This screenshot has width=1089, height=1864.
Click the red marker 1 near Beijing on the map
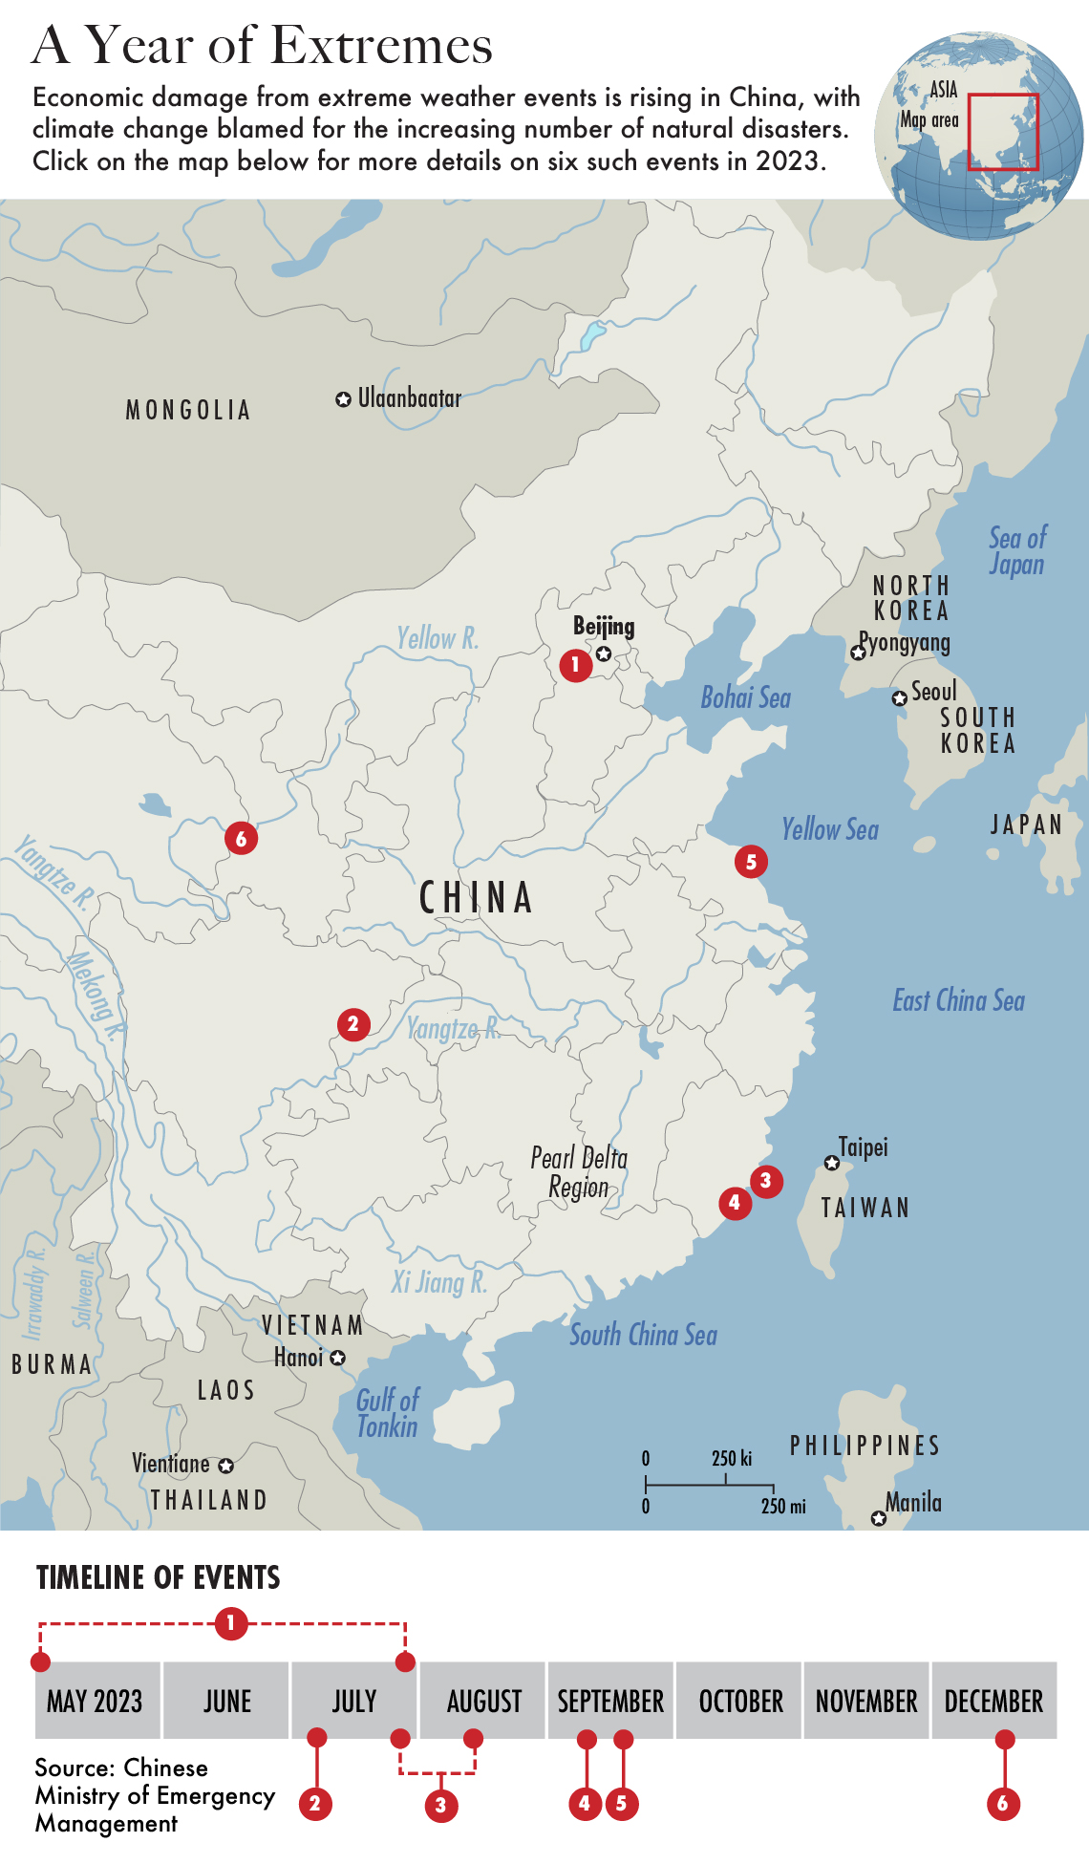point(575,664)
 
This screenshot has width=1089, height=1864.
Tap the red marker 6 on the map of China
point(241,839)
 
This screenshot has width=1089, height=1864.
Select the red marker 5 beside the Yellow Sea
point(751,862)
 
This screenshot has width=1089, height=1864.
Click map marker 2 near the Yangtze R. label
point(353,1025)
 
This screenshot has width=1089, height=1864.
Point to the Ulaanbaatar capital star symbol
point(343,399)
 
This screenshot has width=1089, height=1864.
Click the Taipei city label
point(863,1146)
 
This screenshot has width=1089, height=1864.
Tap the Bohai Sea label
point(745,697)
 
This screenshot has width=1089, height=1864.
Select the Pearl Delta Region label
point(579,1172)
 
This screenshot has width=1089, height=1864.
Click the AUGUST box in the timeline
point(483,1701)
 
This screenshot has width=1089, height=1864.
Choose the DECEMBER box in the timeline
point(993,1701)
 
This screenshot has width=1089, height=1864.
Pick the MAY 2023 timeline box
point(96,1701)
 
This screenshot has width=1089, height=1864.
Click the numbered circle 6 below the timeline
point(1003,1804)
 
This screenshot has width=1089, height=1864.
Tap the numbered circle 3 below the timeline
point(440,1805)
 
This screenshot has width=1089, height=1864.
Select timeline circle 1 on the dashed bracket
point(230,1622)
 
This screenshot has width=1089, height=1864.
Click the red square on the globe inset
point(1003,132)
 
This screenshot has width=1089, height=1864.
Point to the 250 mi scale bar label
point(782,1507)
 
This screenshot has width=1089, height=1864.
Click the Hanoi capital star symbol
point(337,1358)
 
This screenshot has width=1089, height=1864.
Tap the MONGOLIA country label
point(188,411)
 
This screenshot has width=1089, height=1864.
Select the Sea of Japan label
point(1016,551)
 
